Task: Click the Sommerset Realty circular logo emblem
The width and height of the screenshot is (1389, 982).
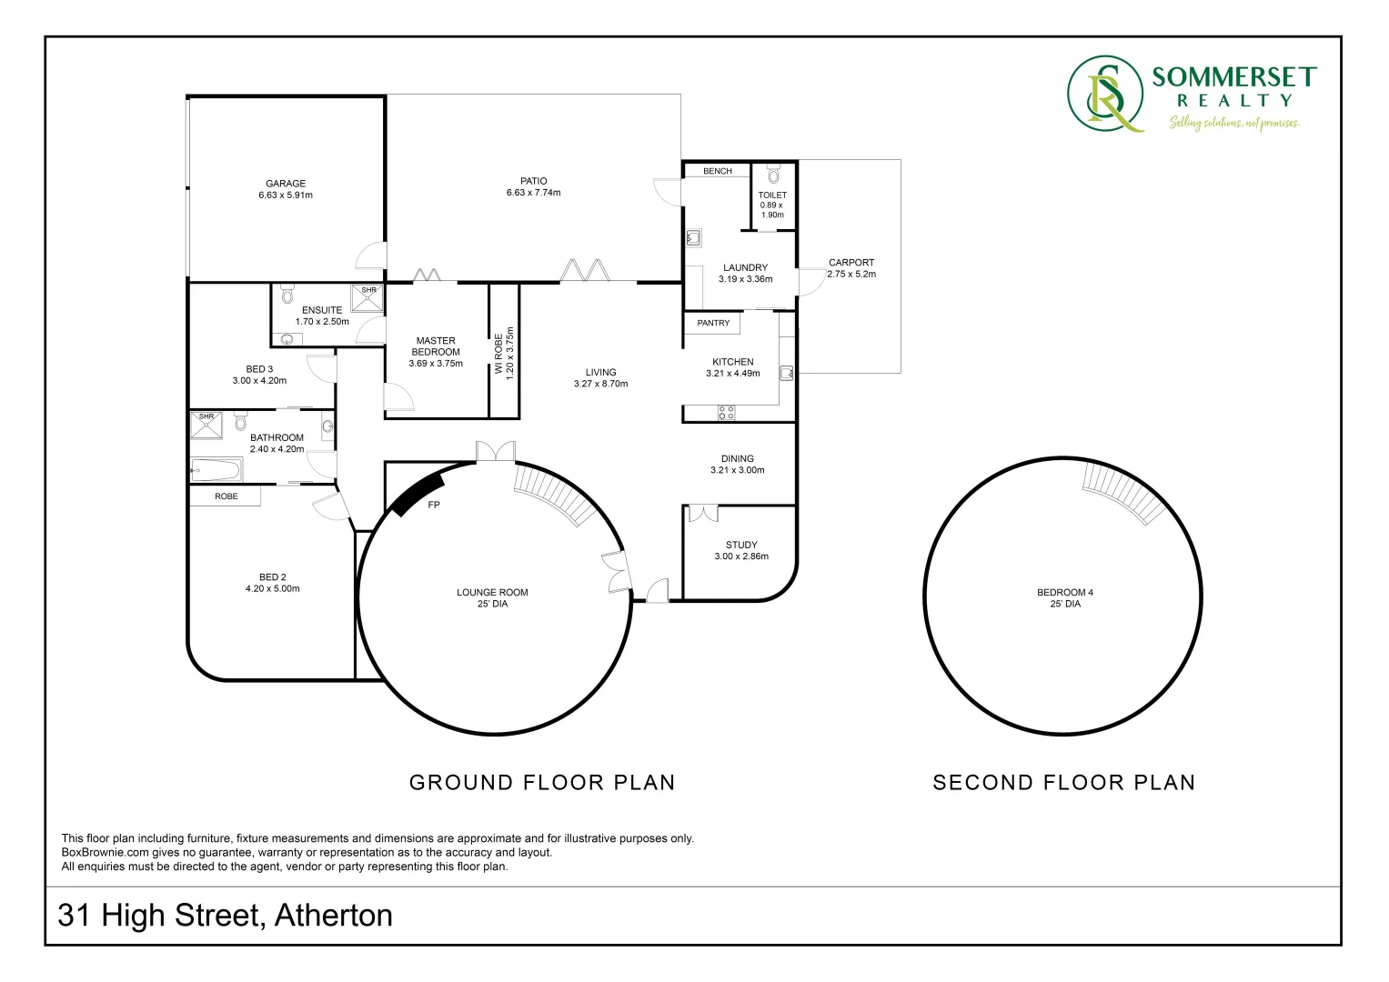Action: [1105, 95]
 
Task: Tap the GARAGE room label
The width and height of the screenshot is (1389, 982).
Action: [286, 184]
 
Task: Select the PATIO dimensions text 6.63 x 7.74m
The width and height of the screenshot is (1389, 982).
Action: [533, 193]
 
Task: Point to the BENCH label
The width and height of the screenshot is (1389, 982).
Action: [718, 171]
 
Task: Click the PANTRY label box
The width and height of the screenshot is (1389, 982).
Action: [713, 323]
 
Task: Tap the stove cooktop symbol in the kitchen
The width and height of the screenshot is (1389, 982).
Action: [726, 412]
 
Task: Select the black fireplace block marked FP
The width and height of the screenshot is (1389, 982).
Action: [419, 494]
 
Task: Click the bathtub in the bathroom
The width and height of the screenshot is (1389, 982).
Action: [216, 470]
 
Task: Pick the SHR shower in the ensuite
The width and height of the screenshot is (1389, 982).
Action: [367, 297]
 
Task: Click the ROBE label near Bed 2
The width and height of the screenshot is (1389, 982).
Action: [226, 496]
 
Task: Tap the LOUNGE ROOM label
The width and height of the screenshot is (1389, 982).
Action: [492, 593]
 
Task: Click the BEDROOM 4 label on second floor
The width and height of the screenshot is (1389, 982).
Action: [1064, 593]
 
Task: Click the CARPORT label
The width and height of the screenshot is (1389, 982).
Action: [851, 263]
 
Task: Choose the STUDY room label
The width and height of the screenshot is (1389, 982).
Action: [741, 545]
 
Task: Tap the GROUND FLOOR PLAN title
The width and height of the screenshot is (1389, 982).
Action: [542, 782]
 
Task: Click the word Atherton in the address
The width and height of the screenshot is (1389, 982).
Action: [334, 915]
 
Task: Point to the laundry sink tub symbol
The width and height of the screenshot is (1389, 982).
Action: [693, 237]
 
